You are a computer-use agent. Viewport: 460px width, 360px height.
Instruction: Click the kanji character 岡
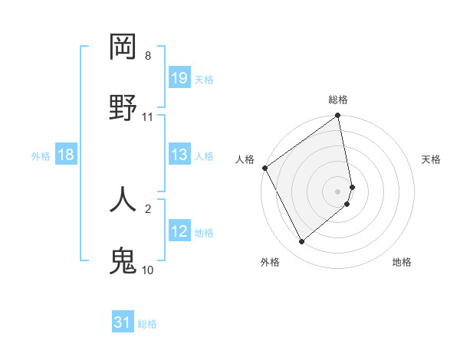coord(123,47)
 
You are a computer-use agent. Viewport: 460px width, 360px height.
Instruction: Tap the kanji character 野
coord(123,108)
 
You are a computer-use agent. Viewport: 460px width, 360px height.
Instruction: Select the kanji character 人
coord(123,198)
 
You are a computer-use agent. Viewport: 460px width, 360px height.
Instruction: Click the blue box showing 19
coord(179,78)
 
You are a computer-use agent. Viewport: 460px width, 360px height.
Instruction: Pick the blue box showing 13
coord(179,155)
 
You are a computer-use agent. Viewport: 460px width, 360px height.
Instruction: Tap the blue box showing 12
coord(179,231)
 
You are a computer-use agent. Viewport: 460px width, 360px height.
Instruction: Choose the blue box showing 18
coord(66,155)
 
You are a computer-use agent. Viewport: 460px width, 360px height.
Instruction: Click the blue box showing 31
coord(123,322)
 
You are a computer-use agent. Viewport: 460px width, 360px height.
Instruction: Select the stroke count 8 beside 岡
coord(148,56)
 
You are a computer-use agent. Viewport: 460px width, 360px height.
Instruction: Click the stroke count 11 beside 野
coord(148,117)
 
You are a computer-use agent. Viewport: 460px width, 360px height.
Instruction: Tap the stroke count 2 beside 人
coord(148,208)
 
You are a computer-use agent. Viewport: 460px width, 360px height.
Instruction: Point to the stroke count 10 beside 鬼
coord(148,270)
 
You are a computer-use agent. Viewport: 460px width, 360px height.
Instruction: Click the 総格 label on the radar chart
coord(338,100)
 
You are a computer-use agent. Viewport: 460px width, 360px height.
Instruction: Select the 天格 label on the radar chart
coord(432,159)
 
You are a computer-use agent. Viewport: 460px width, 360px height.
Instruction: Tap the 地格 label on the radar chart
coord(402,262)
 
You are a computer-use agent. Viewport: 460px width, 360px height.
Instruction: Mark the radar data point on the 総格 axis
coord(338,116)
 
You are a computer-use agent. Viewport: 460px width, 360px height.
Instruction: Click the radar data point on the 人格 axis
coord(264,168)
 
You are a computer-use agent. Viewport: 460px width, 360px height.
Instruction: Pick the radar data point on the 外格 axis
coord(301,241)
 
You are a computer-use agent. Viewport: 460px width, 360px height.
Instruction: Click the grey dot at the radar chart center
coord(338,191)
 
